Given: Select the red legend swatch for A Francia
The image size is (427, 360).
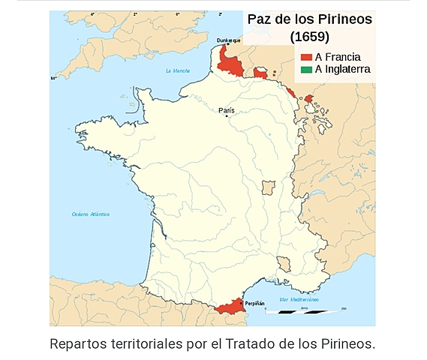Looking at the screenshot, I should [306, 57].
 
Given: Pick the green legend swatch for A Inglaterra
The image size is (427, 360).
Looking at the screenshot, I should [306, 69].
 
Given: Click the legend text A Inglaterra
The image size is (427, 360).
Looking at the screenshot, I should [343, 69].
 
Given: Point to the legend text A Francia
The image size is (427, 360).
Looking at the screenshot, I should [338, 57].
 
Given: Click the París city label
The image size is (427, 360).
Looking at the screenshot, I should [227, 110].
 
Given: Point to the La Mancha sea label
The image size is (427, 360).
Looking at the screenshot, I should [178, 70].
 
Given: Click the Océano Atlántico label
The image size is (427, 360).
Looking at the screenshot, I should [91, 214].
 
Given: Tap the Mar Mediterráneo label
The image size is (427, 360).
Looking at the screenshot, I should [299, 299].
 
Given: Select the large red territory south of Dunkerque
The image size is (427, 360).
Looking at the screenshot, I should [231, 62].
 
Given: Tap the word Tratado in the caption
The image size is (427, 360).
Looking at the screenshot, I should [267, 343].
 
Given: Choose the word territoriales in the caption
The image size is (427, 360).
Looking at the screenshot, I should [146, 343].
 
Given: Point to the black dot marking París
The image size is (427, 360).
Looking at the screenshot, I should [227, 116].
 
